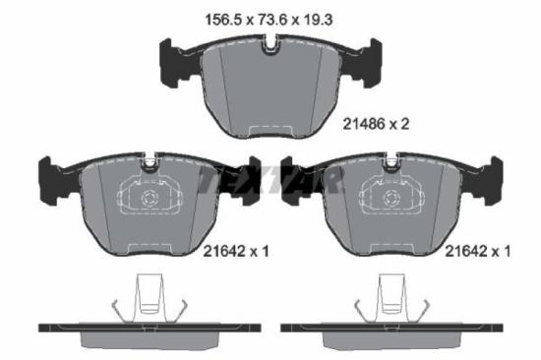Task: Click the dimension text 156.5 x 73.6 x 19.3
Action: [270, 17]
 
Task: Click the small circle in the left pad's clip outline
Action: [150, 200]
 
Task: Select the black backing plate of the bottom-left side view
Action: [148, 326]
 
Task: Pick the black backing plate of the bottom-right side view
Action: [391, 326]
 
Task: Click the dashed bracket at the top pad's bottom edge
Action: [270, 130]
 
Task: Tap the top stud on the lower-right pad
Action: [392, 164]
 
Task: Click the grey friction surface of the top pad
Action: [270, 89]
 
